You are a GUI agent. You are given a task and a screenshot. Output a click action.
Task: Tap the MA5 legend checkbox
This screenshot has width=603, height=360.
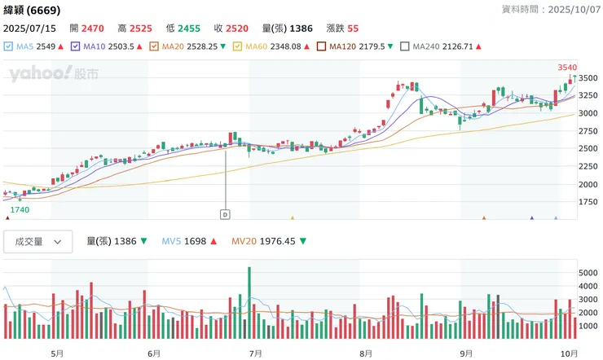click(x=8, y=46)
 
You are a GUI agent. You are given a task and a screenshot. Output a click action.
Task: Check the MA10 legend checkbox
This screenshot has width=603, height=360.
click(x=76, y=46)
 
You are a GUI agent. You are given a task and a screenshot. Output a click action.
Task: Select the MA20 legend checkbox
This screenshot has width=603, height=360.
click(x=154, y=46)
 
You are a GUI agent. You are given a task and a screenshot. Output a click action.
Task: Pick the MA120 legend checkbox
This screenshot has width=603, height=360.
click(x=321, y=46)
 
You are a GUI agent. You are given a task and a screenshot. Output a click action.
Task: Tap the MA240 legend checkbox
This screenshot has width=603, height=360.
click(x=405, y=46)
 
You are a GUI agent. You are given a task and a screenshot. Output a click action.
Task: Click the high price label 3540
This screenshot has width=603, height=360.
click(x=567, y=67)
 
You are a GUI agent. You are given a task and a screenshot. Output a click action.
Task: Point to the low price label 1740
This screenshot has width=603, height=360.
click(x=20, y=210)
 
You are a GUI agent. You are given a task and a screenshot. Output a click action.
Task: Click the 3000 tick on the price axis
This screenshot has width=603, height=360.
click(x=588, y=113)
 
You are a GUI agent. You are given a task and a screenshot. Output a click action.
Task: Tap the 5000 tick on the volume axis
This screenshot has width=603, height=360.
click(x=588, y=273)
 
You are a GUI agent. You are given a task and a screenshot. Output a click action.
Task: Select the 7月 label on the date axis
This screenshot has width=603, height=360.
click(x=255, y=353)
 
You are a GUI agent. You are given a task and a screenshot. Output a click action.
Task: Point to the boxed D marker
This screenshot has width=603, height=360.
click(x=225, y=214)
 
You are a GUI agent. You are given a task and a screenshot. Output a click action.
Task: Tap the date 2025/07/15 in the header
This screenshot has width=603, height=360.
click(x=29, y=29)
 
